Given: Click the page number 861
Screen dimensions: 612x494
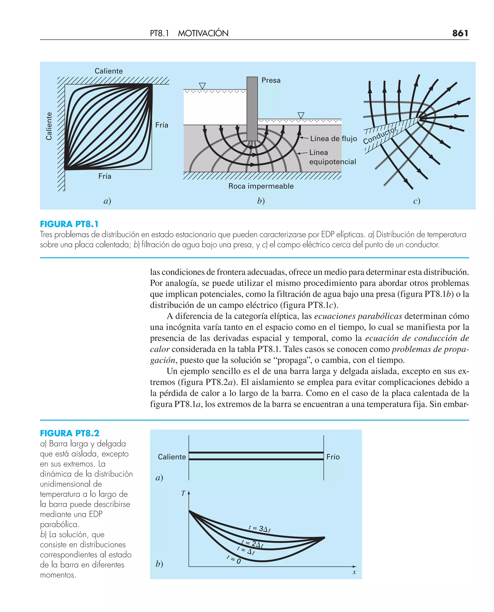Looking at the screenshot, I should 460,33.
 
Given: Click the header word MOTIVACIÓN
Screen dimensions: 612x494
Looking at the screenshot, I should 203,33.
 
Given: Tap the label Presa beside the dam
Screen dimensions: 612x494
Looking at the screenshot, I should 271,81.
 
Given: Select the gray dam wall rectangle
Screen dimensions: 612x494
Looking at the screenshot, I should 252,108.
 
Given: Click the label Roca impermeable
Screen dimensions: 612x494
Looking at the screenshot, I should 261,186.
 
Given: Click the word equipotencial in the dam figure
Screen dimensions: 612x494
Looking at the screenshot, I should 332,162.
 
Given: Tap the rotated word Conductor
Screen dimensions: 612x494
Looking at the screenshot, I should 380,135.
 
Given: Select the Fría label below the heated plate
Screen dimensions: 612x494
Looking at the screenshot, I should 105,176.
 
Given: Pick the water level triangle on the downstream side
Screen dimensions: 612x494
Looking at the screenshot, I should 301,115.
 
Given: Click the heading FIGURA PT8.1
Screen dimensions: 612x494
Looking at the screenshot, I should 69,224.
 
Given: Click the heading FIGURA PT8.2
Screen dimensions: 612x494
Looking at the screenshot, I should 69,433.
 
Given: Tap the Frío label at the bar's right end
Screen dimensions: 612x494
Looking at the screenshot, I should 333,457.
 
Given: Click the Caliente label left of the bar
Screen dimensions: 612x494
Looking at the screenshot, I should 172,457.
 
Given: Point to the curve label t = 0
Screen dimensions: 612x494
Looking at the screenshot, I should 234,559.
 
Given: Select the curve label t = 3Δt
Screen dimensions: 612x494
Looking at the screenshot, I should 259,529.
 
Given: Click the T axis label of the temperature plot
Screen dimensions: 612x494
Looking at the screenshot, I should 184,493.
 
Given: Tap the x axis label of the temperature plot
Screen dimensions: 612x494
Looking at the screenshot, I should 354,572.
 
